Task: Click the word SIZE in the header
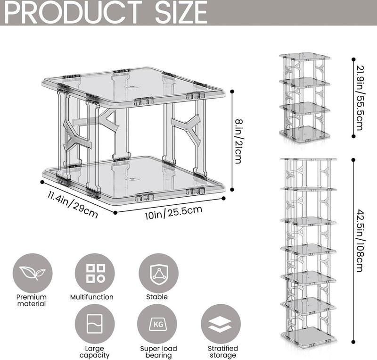pyautogui.click(x=181, y=12)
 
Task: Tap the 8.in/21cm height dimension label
pyautogui.click(x=238, y=142)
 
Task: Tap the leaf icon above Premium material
pyautogui.click(x=33, y=273)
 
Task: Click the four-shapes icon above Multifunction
pyautogui.click(x=95, y=273)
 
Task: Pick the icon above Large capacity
pyautogui.click(x=95, y=324)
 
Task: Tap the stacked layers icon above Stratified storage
pyautogui.click(x=221, y=324)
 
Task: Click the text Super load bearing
pyautogui.click(x=158, y=352)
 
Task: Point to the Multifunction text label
pyautogui.click(x=91, y=297)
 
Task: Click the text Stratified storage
pyautogui.click(x=222, y=352)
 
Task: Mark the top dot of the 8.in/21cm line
pyautogui.click(x=232, y=92)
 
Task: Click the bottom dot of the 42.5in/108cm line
pyautogui.click(x=353, y=342)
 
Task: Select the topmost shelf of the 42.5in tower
pyautogui.click(x=309, y=159)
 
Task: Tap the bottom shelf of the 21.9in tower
pyautogui.click(x=304, y=134)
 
